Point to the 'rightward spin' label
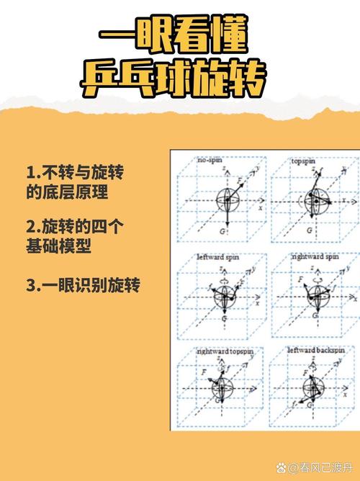coord(315,256)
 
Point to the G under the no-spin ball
coord(225,232)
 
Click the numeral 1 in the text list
coord(31,173)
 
